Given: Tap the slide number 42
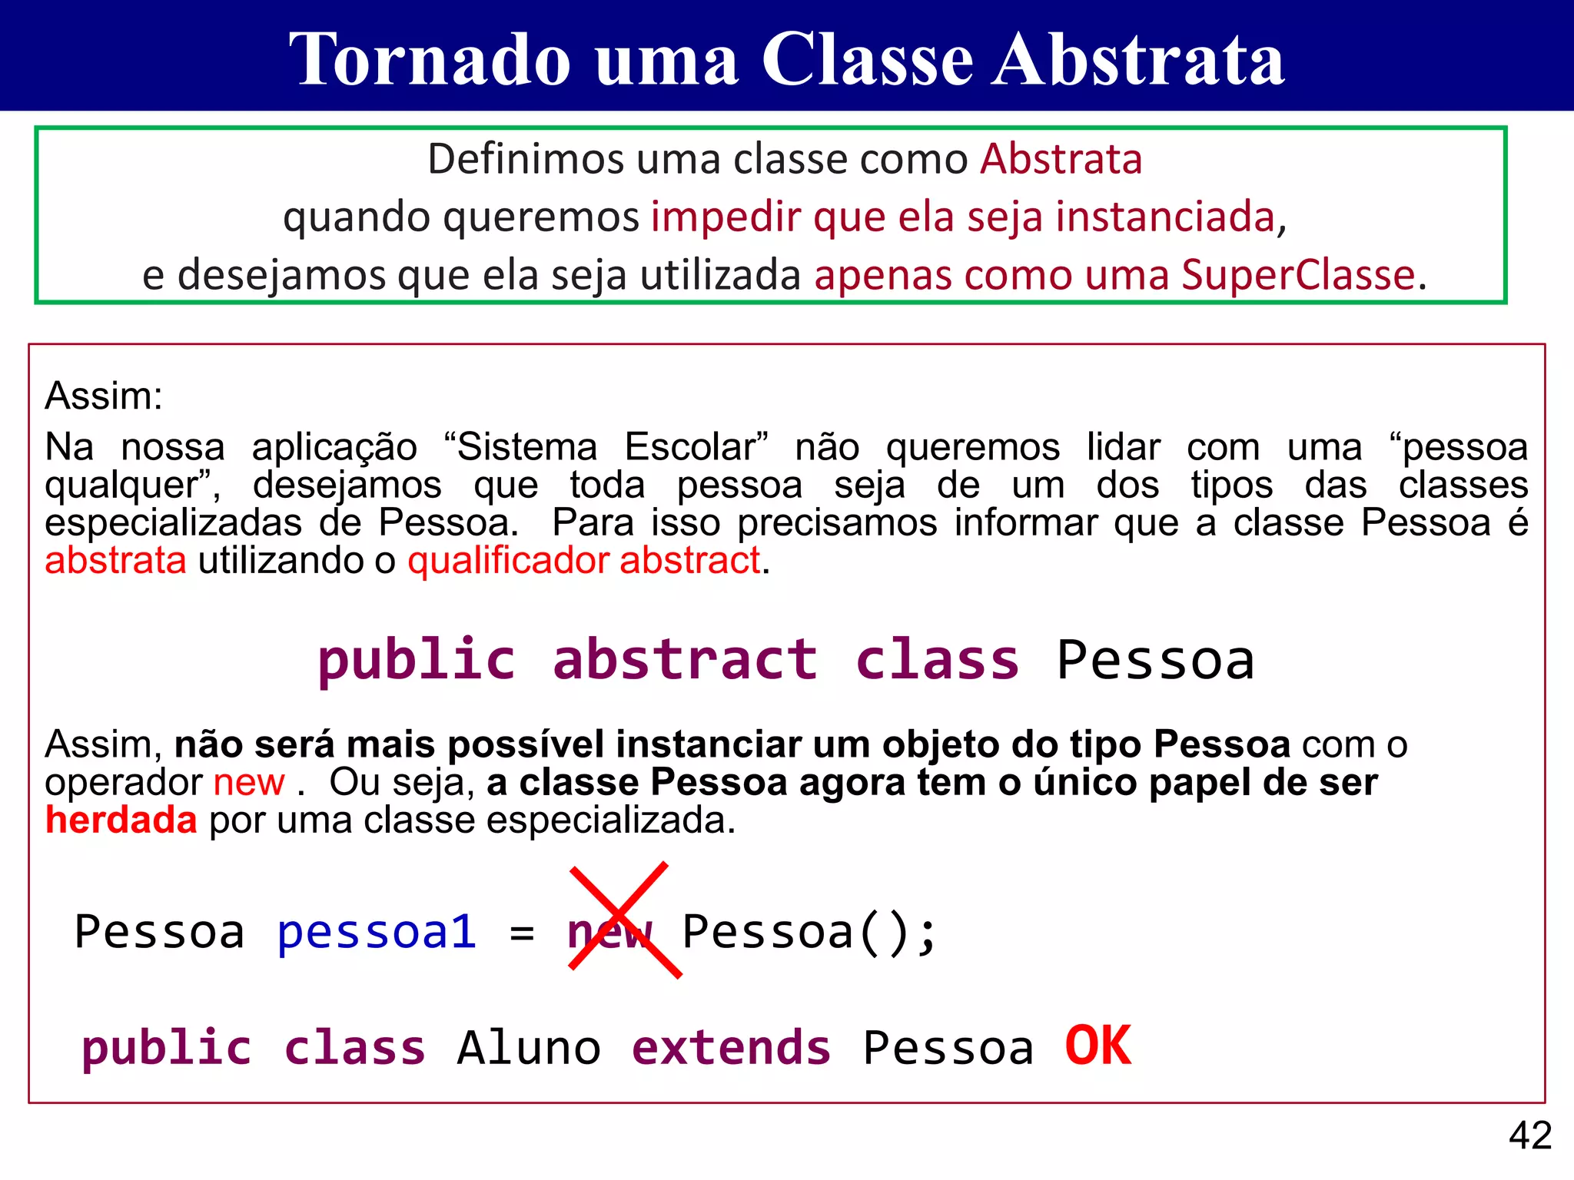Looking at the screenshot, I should point(1529,1135).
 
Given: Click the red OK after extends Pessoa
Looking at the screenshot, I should point(1097,1046).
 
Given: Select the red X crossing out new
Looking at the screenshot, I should point(624,920).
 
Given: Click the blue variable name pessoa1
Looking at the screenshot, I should point(377,932).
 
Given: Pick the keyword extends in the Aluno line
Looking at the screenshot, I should point(731,1048).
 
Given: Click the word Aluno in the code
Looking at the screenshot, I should point(529,1048).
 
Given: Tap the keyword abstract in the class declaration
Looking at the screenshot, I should point(685,660).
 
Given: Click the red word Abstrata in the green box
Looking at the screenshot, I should point(1061,159).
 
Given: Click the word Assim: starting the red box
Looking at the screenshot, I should point(104,396).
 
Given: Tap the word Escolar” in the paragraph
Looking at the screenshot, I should point(696,447).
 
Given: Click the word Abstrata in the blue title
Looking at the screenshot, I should point(1137,60).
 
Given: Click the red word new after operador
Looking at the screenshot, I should point(248,783).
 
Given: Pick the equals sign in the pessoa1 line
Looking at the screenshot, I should point(522,933).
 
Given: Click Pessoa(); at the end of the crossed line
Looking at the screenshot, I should point(809,932).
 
